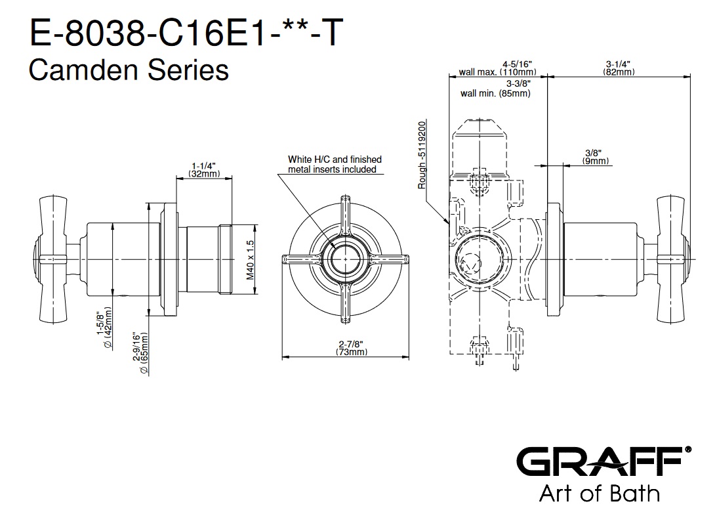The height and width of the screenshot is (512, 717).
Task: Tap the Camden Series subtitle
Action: point(129,70)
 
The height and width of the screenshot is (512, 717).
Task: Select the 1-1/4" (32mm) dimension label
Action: point(205,169)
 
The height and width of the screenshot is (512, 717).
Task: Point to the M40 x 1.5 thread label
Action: point(249,261)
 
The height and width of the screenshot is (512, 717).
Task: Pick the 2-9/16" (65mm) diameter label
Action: point(140,353)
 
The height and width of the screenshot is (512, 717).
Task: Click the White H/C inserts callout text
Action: point(335,164)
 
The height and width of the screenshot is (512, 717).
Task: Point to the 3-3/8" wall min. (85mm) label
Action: point(497,89)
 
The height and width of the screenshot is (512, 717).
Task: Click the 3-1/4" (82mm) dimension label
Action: point(619,68)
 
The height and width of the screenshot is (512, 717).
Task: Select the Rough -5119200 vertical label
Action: point(422,154)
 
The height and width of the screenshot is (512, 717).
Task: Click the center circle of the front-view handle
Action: point(345,260)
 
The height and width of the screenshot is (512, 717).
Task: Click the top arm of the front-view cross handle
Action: point(345,217)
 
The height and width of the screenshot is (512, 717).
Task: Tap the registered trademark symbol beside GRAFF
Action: point(687,450)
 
